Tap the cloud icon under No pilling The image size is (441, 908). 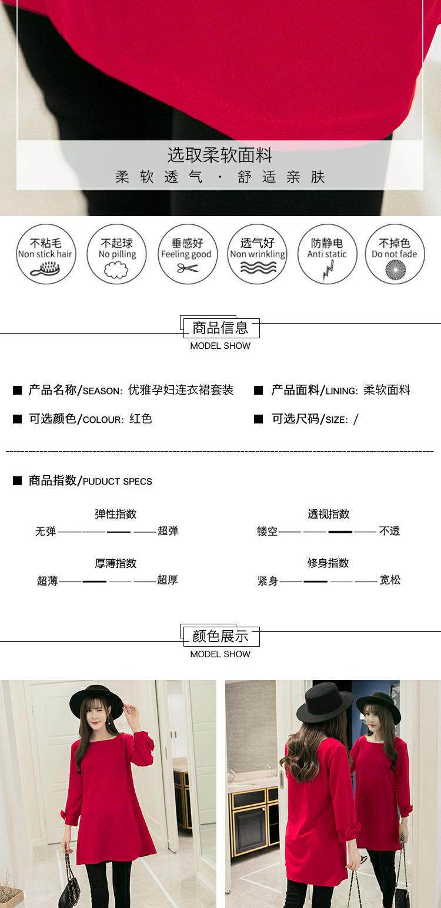click(x=116, y=270)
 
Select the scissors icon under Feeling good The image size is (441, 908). click(x=188, y=268)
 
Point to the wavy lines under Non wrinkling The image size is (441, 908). click(x=258, y=268)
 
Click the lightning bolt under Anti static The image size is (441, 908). click(x=327, y=270)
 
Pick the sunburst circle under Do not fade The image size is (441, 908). click(x=395, y=269)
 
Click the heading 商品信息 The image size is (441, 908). click(x=220, y=327)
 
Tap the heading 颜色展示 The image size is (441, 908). click(x=220, y=635)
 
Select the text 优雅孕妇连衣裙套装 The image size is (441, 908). click(x=181, y=390)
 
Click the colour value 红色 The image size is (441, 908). click(x=141, y=419)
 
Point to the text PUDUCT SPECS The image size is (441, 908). click(x=117, y=482)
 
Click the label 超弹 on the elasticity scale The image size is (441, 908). click(x=168, y=531)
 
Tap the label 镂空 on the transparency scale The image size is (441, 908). click(x=267, y=532)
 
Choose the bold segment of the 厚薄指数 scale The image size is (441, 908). click(x=94, y=581)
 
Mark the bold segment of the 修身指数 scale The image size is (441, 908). click(x=316, y=581)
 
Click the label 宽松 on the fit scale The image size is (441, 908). click(x=390, y=580)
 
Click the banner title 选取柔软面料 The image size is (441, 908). click(x=220, y=156)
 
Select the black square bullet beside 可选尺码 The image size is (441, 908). click(x=258, y=419)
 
